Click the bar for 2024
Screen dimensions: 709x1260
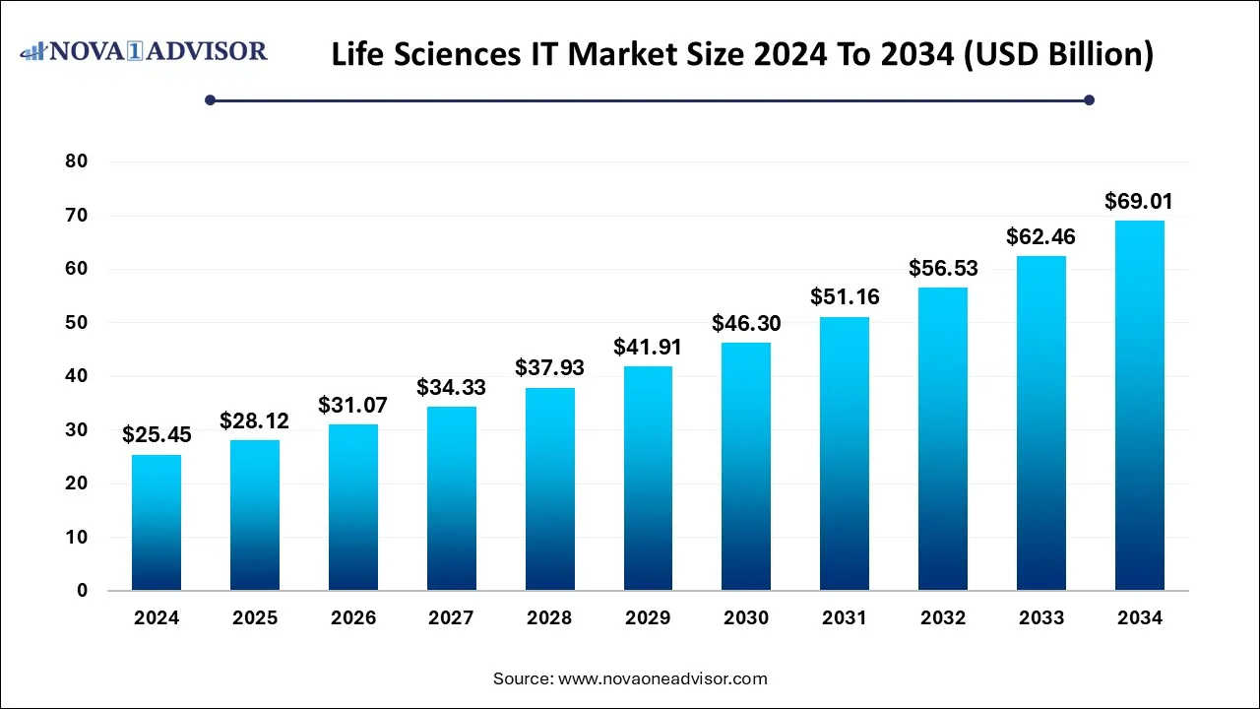(157, 522)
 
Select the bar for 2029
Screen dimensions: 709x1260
(648, 478)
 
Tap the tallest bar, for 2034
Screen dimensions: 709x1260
(1140, 405)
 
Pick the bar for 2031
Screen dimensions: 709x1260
(845, 453)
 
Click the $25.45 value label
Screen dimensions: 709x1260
(157, 434)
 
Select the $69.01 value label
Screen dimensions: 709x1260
(1139, 202)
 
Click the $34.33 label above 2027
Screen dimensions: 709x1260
(451, 387)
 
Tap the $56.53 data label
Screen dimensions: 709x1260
(943, 268)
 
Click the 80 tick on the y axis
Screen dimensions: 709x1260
(76, 161)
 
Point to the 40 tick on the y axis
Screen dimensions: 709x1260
(76, 376)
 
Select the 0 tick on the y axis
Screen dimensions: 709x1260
(82, 591)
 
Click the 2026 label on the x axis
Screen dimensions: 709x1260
(353, 618)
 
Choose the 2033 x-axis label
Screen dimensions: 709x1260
(1041, 618)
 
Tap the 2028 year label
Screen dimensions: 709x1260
(549, 618)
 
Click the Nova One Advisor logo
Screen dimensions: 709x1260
(144, 50)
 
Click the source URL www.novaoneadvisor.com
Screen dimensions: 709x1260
(662, 678)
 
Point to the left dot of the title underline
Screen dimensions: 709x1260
(210, 99)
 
